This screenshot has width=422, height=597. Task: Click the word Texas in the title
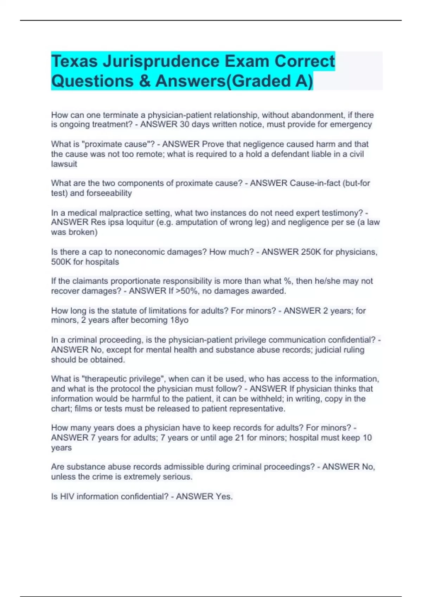74,61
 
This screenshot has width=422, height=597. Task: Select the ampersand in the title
144,81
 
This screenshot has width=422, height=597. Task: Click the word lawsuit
64,164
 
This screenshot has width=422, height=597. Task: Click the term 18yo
179,320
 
